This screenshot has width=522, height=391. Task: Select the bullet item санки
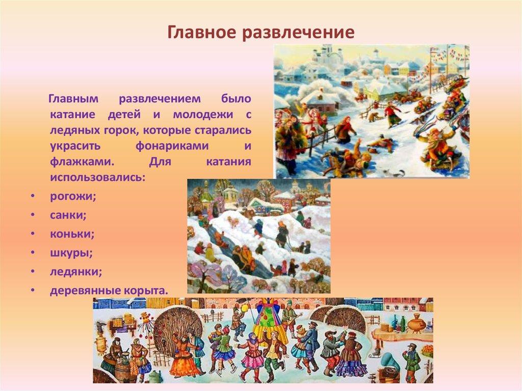coord(68,215)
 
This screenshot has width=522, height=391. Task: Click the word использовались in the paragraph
coord(97,178)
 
